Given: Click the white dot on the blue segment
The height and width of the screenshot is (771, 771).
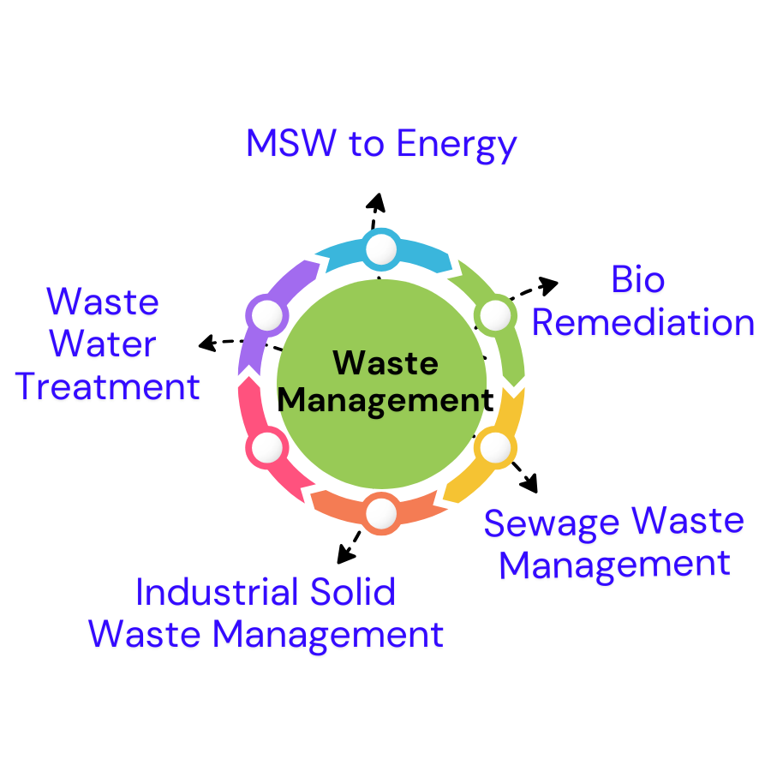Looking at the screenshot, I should click(381, 249).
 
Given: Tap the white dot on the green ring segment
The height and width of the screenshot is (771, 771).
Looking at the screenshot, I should click(495, 316).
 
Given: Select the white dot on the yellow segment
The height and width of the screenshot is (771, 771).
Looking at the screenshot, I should click(495, 447).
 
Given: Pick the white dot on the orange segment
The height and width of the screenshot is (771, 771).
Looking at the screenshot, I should click(381, 513).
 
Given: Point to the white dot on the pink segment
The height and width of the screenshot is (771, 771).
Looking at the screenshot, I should click(267, 447).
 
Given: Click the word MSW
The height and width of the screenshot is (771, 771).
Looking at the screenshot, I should click(290, 143).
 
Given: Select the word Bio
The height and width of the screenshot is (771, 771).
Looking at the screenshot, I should click(638, 280).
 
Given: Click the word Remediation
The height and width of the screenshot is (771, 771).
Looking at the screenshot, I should click(643, 324).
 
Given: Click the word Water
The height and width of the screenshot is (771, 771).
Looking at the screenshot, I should click(103, 344).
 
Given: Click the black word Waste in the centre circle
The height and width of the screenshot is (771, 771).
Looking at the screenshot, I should click(385, 363).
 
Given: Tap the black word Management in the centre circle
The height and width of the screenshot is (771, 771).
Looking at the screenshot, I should click(383, 400).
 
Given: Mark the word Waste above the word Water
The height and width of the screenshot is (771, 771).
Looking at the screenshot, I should click(103, 302).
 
